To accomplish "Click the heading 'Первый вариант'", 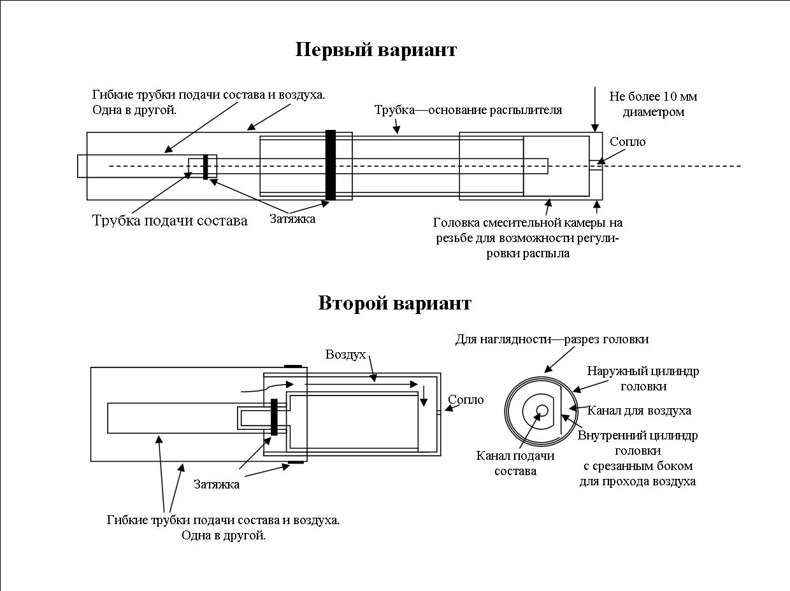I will (x=376, y=50).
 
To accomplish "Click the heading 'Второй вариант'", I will (x=394, y=303).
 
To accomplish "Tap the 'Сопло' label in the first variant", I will (x=627, y=142).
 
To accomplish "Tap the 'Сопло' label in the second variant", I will (x=466, y=400).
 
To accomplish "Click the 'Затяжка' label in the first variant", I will (x=292, y=219).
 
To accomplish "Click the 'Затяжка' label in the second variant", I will (x=217, y=485).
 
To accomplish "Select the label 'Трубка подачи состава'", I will (x=170, y=221).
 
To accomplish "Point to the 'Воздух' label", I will (x=345, y=354).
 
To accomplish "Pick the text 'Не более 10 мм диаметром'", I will (x=653, y=104).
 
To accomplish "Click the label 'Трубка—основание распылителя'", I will (x=468, y=110).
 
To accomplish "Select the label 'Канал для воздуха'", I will (x=639, y=411).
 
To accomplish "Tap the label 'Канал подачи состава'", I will (x=515, y=464).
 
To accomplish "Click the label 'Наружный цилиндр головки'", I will (x=643, y=379).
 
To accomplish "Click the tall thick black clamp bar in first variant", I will (x=330, y=165).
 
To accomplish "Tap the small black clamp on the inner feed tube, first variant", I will (x=206, y=166).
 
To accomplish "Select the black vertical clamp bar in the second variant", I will (x=274, y=417).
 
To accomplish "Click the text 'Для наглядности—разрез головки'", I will (x=552, y=339).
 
